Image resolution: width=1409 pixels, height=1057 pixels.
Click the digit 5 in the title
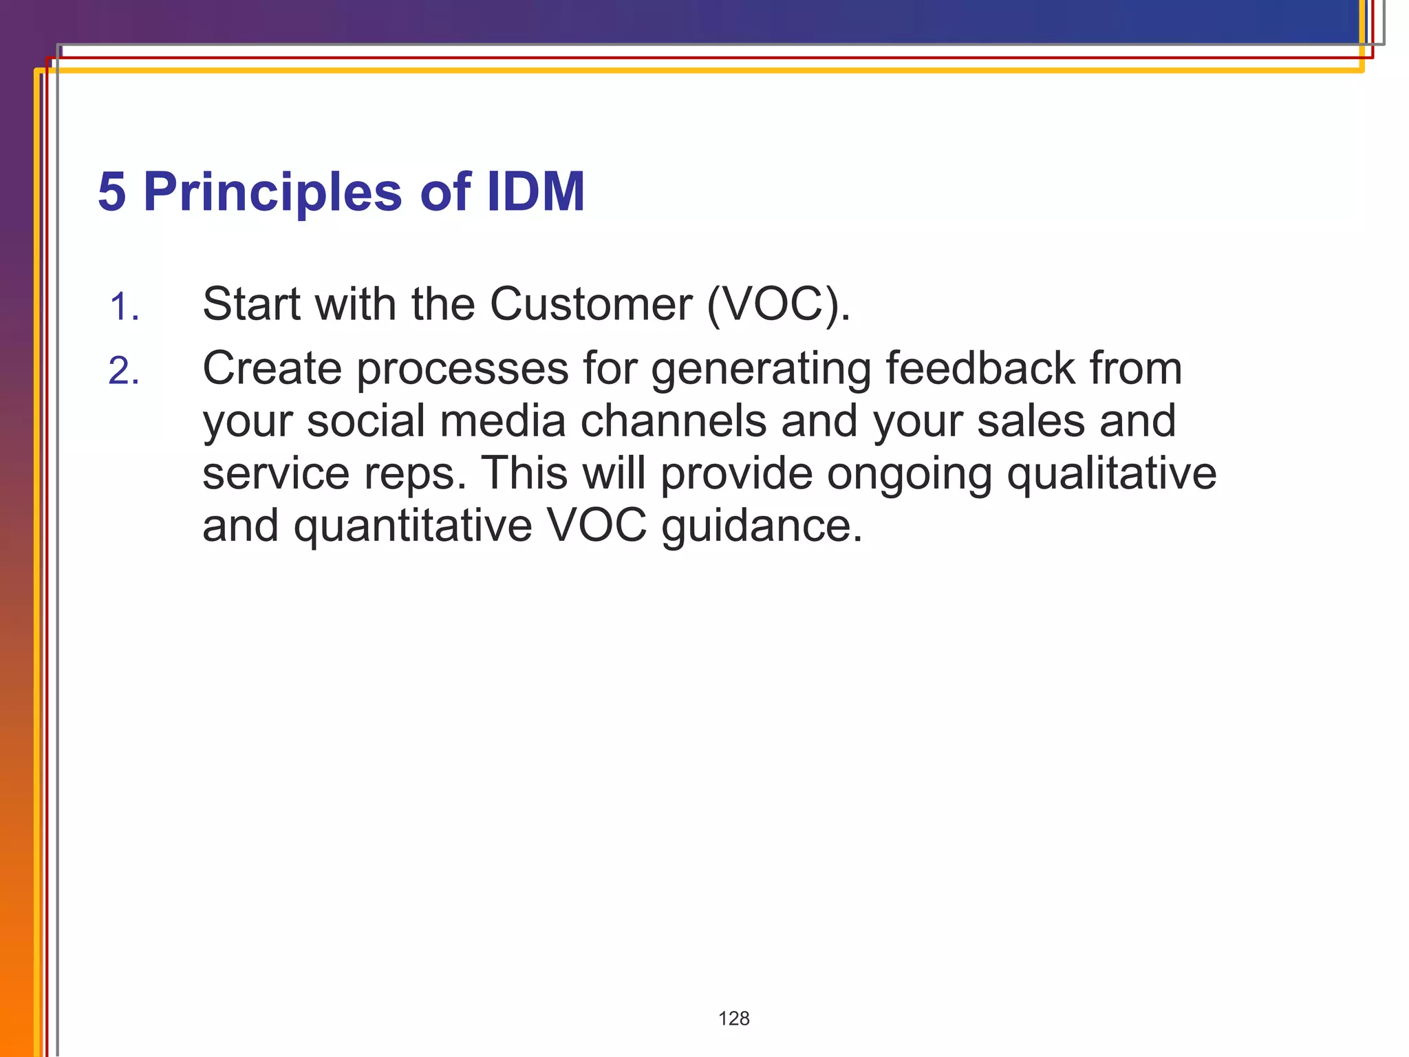coord(112,192)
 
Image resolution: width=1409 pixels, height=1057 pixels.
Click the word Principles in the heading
coord(272,192)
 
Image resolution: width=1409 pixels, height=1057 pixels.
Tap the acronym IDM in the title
coord(535,192)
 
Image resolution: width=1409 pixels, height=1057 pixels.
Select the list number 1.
coord(124,307)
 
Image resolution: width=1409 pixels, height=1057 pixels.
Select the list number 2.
coord(124,372)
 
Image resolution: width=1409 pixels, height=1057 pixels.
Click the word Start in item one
coord(252,303)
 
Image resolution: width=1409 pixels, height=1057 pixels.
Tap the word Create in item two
coord(272,368)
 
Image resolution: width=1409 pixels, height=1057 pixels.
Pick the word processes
coord(462,370)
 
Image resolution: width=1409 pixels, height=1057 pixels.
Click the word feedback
coord(980,368)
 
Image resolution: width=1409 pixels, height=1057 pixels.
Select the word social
coord(366,421)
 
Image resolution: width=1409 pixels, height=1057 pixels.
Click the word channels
coord(673,421)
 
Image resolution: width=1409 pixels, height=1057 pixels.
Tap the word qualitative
coord(1112,475)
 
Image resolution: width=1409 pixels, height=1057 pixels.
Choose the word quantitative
coord(413,527)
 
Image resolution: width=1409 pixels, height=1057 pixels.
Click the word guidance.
coord(762,527)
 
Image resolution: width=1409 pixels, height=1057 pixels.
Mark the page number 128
coord(733,1018)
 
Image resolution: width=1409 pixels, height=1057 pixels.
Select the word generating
coord(761,370)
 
